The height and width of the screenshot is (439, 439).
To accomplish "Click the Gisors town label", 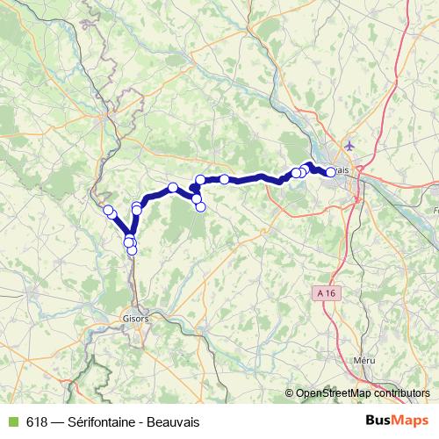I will (137, 319).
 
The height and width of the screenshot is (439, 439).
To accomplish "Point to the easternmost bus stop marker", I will (331, 172).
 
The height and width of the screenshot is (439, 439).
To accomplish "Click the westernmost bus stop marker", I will (109, 211).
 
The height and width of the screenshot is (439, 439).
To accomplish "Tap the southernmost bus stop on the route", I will (132, 250).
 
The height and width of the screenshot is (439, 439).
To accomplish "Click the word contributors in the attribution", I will (400, 394).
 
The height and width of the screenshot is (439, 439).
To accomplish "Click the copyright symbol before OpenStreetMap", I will (290, 394).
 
